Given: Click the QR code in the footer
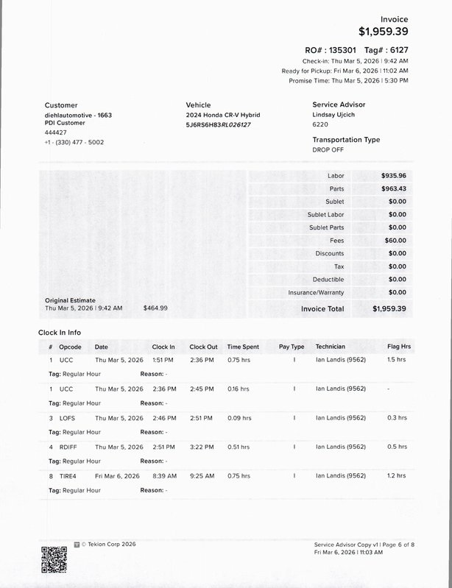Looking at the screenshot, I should coord(52,560).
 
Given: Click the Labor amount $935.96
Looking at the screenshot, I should coord(394,176).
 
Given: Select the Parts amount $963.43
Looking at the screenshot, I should coord(394,189).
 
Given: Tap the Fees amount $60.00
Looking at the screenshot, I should coord(395,241).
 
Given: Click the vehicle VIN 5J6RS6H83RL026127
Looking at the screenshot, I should coord(219,125).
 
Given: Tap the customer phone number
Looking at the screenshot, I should coord(74,142).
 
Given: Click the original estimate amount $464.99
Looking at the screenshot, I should coord(155,308).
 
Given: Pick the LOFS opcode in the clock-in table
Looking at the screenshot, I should coord(67,418).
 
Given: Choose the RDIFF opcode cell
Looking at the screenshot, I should coord(68,447).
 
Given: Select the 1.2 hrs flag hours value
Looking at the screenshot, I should coord(396,476).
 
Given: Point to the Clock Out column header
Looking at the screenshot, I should coord(203,347).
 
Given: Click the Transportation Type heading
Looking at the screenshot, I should coord(346,140).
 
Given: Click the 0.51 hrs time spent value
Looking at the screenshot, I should coord(239,447).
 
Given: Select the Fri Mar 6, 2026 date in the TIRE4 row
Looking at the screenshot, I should coord(117,476).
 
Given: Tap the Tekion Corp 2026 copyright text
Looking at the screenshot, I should coord(107,544).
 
